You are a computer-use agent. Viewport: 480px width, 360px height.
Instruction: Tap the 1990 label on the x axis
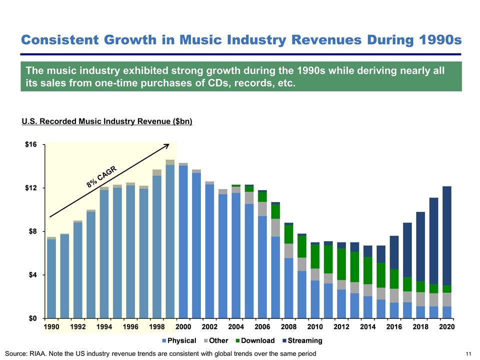click(51, 326)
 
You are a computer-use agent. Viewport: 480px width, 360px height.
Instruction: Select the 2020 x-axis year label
click(446, 326)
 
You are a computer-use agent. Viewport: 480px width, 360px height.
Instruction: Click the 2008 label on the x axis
click(288, 326)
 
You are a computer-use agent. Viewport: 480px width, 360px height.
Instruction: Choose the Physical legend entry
click(178, 341)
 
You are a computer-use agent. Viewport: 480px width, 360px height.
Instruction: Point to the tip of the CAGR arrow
click(169, 144)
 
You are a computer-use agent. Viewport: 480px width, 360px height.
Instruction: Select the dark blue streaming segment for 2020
click(447, 235)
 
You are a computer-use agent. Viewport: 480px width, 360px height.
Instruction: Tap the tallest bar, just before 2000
click(170, 240)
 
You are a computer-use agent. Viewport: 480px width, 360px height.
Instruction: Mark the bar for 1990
click(51, 278)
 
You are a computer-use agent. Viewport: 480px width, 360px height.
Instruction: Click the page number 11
click(468, 354)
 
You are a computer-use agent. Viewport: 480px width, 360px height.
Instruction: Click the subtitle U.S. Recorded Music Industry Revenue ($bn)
click(107, 121)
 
